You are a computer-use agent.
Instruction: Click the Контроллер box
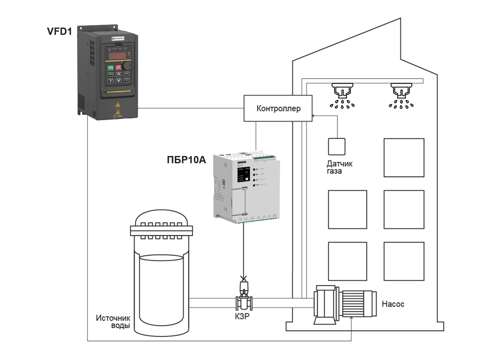[278, 108]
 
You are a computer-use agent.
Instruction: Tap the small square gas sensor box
[337, 145]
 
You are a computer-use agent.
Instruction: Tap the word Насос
[392, 303]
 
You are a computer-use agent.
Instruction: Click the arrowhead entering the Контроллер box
[313, 116]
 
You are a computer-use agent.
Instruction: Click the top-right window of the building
[403, 157]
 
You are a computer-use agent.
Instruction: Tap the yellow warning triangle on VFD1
[118, 105]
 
